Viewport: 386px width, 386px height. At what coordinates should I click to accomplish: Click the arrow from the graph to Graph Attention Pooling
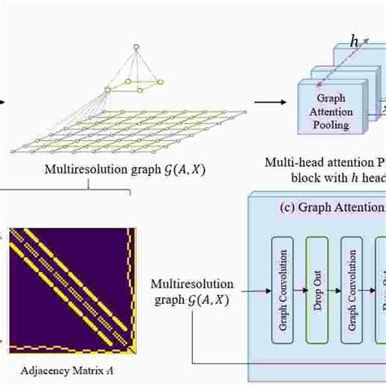click(269, 103)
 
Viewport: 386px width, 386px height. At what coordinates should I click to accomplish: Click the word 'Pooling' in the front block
click(331, 125)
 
